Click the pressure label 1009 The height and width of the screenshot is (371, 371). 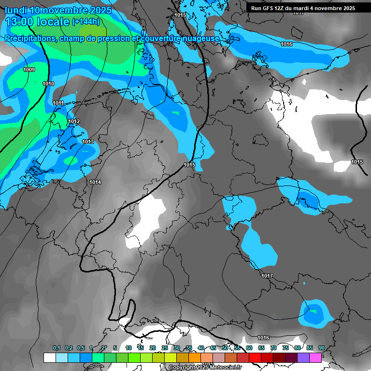point(29,70)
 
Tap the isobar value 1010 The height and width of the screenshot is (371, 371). point(48,84)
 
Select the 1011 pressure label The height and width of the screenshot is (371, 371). point(58,103)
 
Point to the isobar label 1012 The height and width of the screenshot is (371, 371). point(74,121)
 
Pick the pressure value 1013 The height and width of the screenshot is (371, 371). point(88,142)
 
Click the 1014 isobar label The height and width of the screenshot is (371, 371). point(95,182)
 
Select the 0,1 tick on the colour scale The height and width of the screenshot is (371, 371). point(57,348)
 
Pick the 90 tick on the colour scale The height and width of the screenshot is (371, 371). point(322,348)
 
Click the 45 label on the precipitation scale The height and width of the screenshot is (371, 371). point(213,348)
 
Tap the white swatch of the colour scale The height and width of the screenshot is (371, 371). point(49,357)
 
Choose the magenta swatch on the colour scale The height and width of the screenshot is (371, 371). point(315,357)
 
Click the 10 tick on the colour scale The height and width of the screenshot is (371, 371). point(128,348)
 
